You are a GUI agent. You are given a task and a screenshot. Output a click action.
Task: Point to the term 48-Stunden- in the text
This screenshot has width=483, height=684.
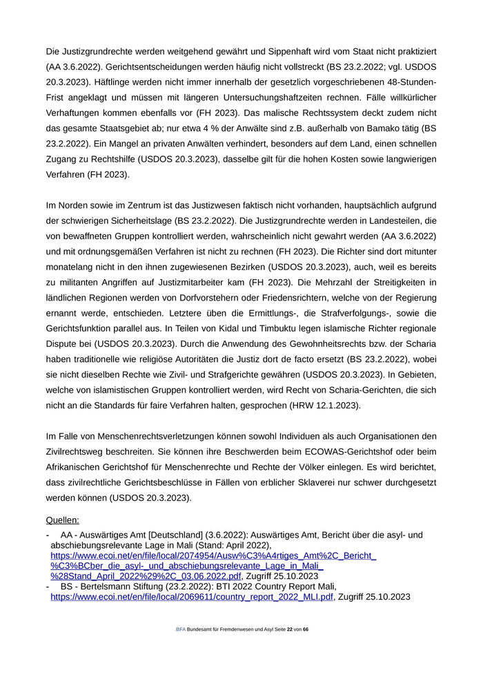click(x=409, y=82)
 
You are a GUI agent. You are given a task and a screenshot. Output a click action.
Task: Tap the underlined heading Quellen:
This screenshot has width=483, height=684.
click(x=63, y=519)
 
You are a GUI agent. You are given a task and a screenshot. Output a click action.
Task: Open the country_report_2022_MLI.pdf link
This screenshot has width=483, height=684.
click(x=192, y=596)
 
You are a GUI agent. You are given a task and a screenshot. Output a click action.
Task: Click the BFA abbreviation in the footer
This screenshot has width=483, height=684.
click(x=181, y=629)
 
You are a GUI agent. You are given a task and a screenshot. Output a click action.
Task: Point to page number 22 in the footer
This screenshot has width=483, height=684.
click(x=290, y=629)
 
